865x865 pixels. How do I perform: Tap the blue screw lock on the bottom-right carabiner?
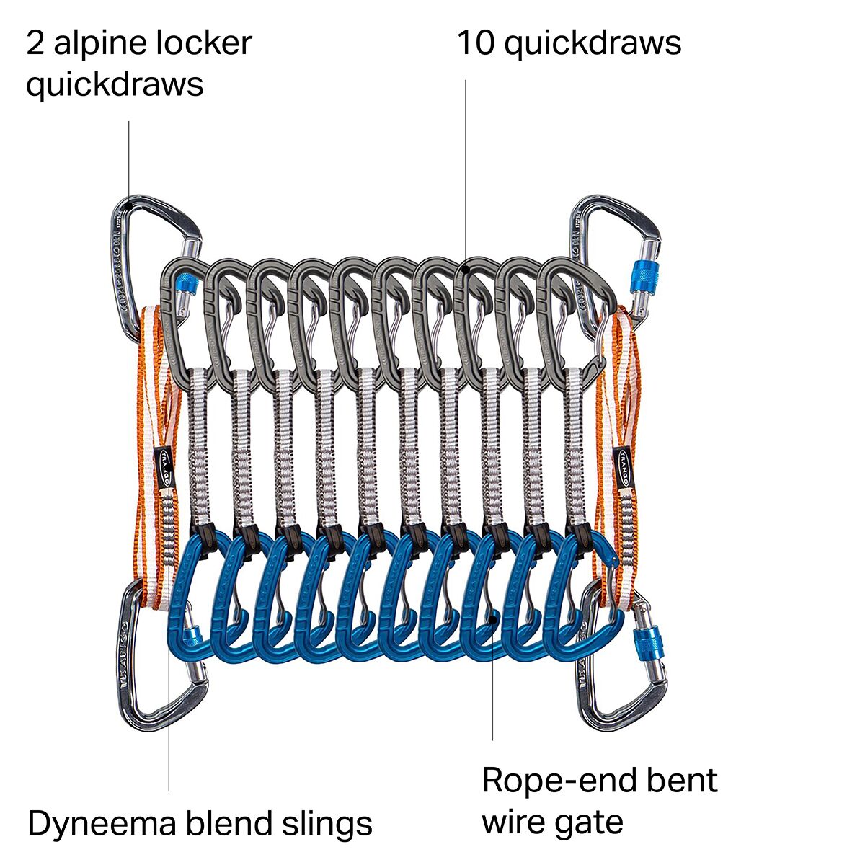coord(644,644)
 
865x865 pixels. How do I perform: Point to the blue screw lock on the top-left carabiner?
coord(185,286)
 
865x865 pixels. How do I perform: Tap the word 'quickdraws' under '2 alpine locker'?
coord(115,84)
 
